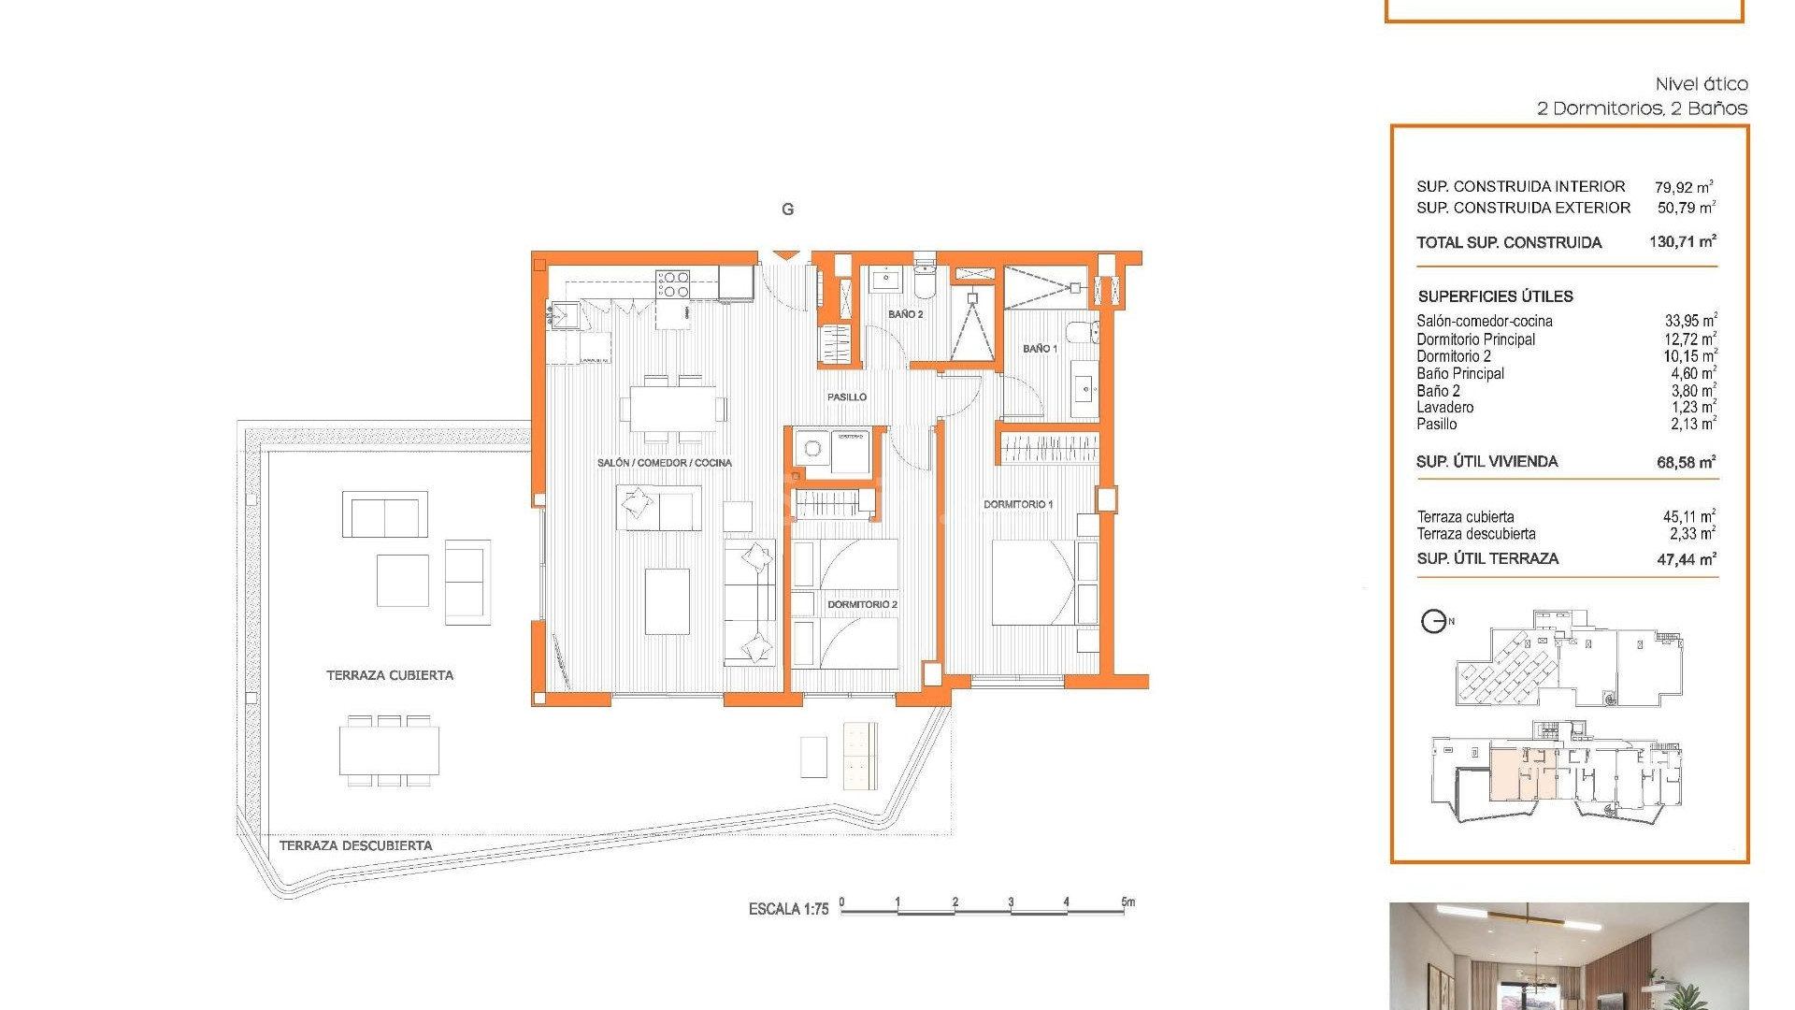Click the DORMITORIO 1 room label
(x=1017, y=504)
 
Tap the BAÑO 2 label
(x=905, y=314)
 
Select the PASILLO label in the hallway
(x=846, y=397)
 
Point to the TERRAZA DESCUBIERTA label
(x=355, y=845)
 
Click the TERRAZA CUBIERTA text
(x=389, y=675)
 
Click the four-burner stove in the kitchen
(x=672, y=283)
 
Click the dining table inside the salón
(x=673, y=409)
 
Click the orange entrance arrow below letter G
(x=786, y=254)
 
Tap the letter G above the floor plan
(x=787, y=209)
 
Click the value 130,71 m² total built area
(x=1682, y=242)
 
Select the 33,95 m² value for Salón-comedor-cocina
(x=1689, y=321)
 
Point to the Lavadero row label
(x=1444, y=408)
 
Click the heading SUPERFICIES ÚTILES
(x=1495, y=296)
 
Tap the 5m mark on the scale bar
(x=1127, y=903)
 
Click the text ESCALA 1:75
(x=788, y=909)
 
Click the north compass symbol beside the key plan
(x=1434, y=621)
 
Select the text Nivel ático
(x=1701, y=84)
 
